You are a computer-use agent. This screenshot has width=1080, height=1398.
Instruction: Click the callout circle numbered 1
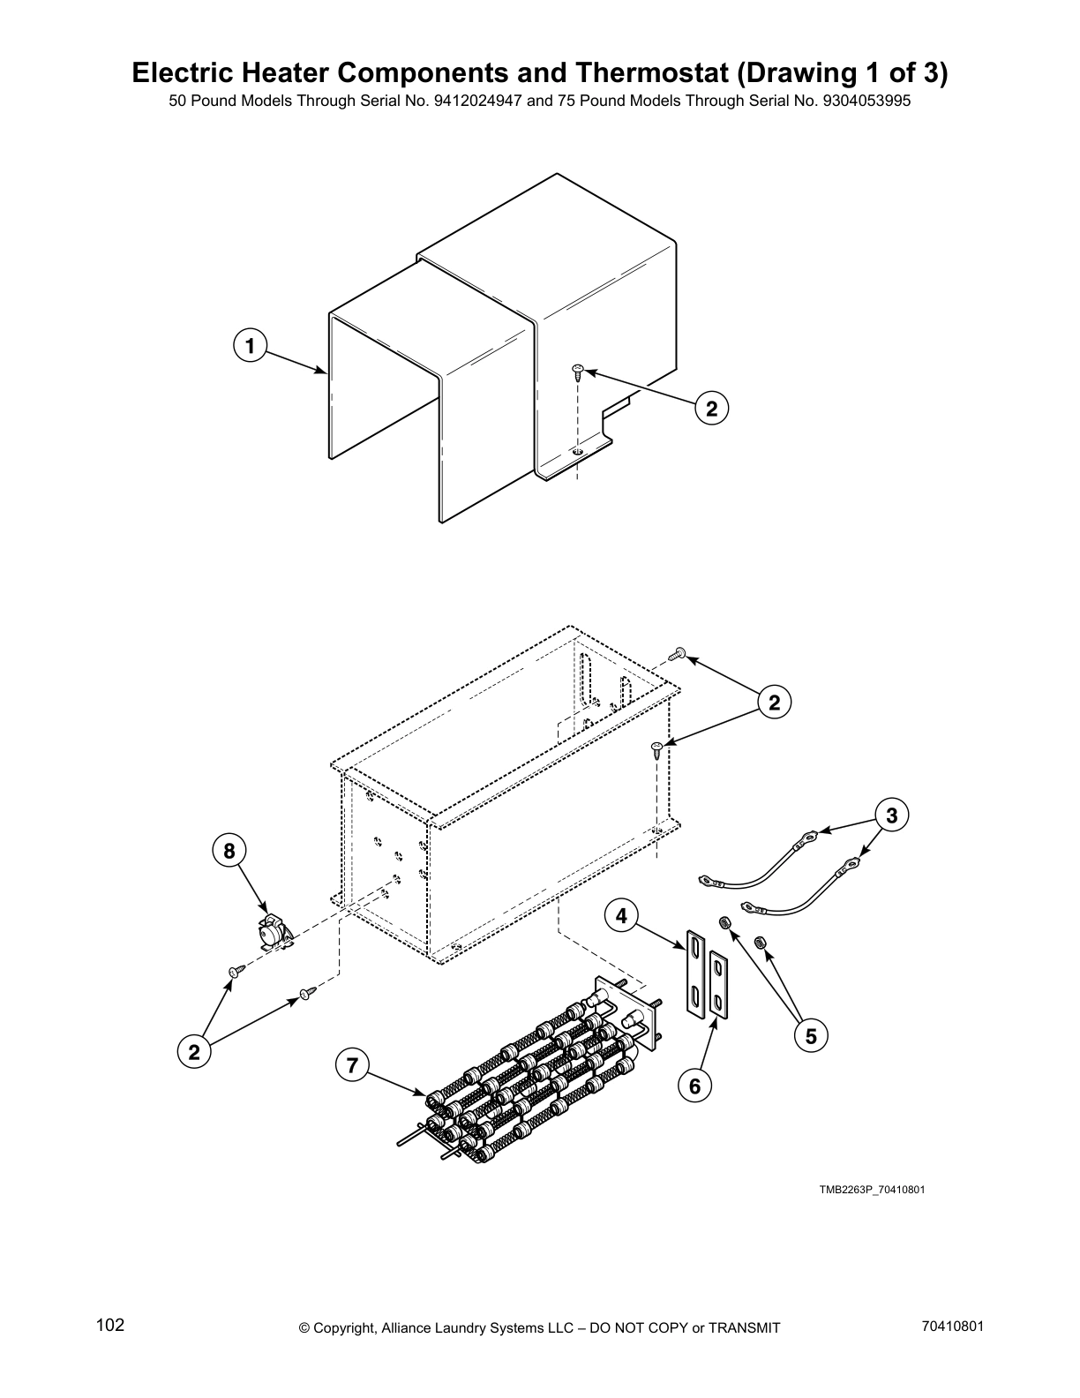tap(251, 346)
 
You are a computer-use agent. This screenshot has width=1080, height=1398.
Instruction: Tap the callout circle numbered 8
tap(229, 851)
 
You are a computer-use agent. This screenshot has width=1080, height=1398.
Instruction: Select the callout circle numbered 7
tap(352, 1065)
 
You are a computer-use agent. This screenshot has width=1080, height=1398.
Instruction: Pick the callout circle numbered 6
tap(695, 1086)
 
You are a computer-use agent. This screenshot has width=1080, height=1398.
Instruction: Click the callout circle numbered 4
tap(621, 916)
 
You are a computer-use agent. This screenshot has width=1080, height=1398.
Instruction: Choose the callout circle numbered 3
tap(891, 815)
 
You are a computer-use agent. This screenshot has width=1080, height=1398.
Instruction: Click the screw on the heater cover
tap(578, 370)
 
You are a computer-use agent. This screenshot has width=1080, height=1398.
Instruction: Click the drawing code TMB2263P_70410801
tap(872, 1190)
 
